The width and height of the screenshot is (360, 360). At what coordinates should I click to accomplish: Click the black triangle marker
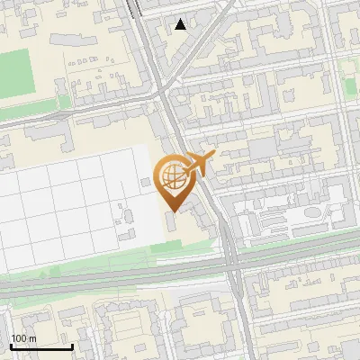(x=181, y=24)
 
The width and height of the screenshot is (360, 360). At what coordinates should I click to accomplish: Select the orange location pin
(x=172, y=181)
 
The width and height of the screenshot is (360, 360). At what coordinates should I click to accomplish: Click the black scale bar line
(x=41, y=346)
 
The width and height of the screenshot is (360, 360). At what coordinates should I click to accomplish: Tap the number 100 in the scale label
(x=18, y=338)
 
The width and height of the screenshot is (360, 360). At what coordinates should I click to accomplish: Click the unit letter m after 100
(x=31, y=338)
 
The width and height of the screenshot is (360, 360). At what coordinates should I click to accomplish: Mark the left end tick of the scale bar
(x=11, y=346)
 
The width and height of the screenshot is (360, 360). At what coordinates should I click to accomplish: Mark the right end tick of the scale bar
(x=72, y=346)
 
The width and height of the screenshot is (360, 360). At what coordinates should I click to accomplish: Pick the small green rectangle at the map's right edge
(x=349, y=85)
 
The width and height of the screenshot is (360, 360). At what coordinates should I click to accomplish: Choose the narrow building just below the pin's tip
(x=172, y=221)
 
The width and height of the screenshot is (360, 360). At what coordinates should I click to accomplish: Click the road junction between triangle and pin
(x=165, y=90)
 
